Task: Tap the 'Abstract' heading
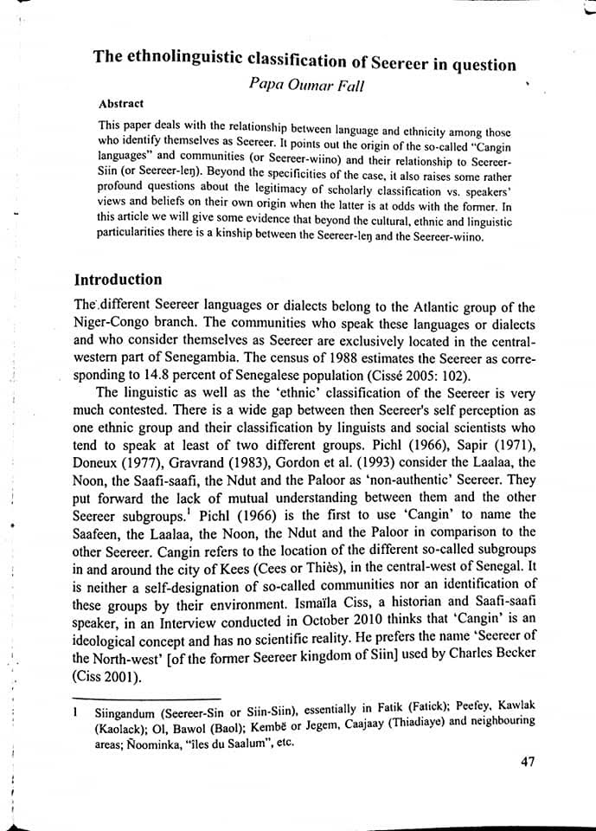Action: point(122,103)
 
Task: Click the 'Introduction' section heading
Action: point(118,280)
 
